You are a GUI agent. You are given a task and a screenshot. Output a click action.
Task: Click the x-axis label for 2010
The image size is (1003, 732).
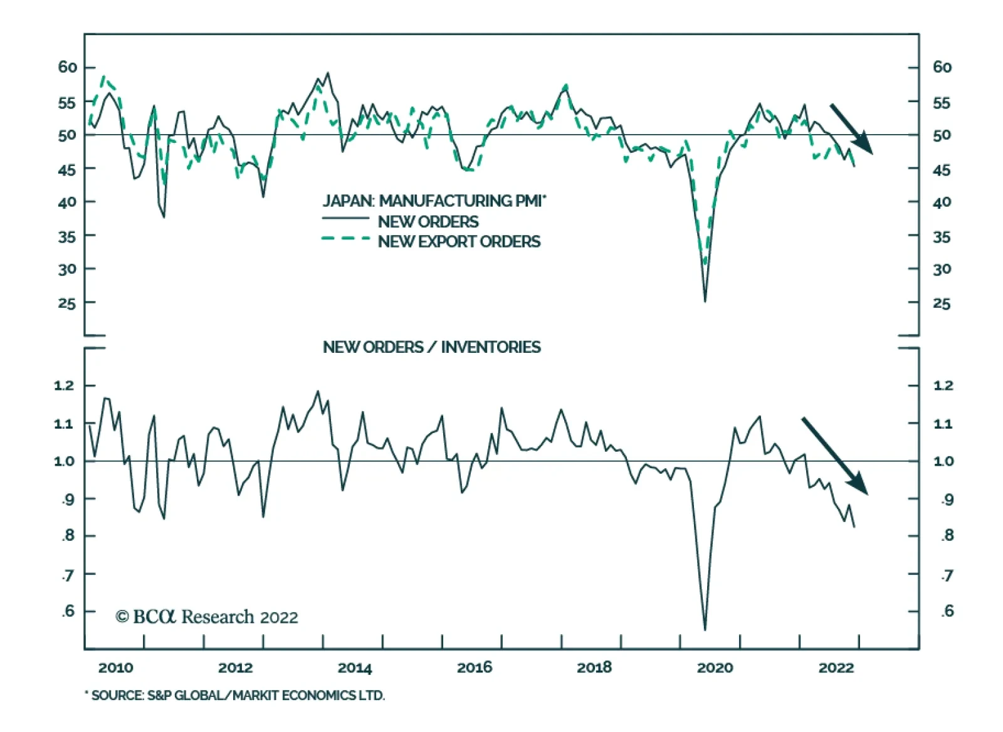point(115,667)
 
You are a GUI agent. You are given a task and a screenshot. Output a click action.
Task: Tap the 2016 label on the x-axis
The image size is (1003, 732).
point(475,667)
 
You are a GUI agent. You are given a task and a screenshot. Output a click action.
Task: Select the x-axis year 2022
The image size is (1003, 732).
point(836,667)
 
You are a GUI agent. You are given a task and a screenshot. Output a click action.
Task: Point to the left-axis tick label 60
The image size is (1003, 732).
point(67,67)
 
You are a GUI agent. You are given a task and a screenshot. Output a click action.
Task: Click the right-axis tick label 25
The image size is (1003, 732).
point(942,303)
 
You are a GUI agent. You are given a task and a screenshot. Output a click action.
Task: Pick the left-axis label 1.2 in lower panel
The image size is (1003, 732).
point(64,385)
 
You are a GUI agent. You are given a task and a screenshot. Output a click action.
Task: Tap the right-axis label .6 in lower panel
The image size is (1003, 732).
point(947,610)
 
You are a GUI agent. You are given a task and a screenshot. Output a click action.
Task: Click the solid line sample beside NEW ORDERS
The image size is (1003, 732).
point(345,218)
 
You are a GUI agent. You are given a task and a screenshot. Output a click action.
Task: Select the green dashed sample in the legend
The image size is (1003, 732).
point(345,239)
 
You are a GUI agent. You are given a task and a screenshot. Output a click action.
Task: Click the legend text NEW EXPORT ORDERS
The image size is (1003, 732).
point(459,241)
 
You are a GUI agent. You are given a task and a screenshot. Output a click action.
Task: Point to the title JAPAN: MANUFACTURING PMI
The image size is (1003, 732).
point(434,201)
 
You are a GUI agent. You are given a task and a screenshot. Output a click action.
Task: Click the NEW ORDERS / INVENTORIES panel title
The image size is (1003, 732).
point(431,347)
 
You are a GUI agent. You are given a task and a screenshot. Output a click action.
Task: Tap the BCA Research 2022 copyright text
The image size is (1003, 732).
point(207,617)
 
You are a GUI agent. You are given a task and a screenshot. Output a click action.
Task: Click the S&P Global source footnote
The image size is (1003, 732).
point(235,695)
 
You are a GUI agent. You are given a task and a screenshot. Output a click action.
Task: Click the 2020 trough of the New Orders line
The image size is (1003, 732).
point(705,301)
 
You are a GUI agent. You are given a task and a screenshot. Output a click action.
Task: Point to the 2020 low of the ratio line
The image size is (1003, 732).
point(705,629)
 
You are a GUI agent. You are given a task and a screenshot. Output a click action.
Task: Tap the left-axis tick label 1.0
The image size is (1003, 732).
point(64,461)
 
